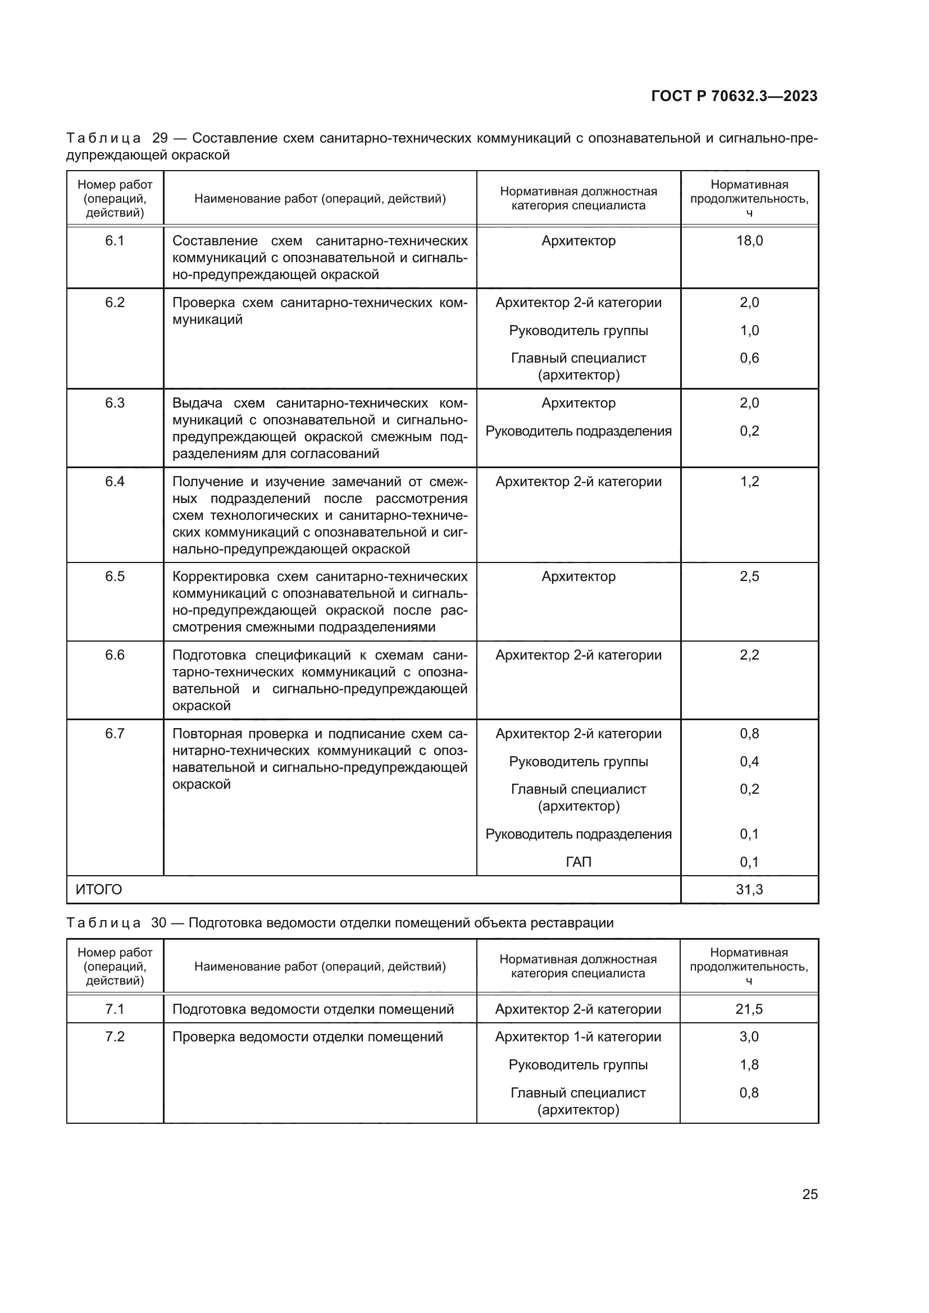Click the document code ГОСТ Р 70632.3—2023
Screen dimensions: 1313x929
pyautogui.click(x=734, y=96)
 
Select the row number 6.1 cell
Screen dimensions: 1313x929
pyautogui.click(x=115, y=241)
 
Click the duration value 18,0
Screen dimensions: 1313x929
pyautogui.click(x=749, y=241)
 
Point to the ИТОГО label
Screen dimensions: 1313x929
pyautogui.click(x=99, y=889)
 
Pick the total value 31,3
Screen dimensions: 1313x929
pyautogui.click(x=749, y=889)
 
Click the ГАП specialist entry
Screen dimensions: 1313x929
pyautogui.click(x=579, y=862)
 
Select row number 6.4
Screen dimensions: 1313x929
pyautogui.click(x=115, y=482)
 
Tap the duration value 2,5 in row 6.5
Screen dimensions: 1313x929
pyautogui.click(x=749, y=577)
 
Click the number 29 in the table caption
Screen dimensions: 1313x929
pyautogui.click(x=160, y=139)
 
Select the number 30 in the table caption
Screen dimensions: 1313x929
pyautogui.click(x=159, y=922)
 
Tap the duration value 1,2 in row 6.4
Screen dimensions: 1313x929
pyautogui.click(x=749, y=482)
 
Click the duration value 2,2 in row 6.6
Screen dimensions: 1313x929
pyautogui.click(x=749, y=655)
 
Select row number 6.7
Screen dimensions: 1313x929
pyautogui.click(x=115, y=734)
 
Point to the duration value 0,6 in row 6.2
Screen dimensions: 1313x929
pyautogui.click(x=749, y=358)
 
